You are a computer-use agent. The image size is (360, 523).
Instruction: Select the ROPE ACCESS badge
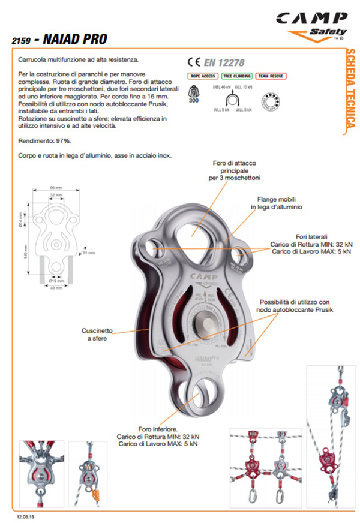[202, 76]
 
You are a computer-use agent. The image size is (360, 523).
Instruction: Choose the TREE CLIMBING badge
[236, 76]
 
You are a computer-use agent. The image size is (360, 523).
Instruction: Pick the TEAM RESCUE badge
[271, 76]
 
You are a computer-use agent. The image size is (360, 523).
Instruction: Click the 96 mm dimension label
[57, 188]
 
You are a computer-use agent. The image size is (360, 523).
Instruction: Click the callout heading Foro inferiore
[157, 429]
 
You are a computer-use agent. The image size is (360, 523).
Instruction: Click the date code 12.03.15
[25, 516]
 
